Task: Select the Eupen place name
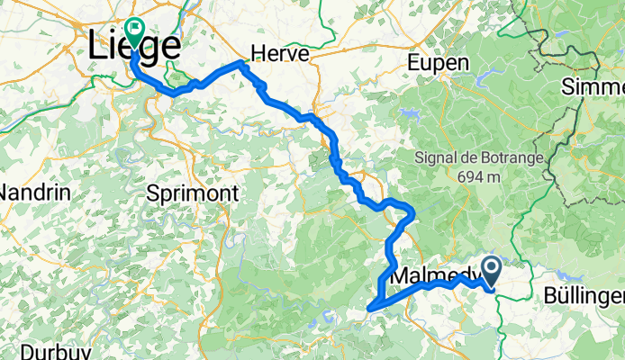tap(439, 63)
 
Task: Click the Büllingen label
tap(585, 296)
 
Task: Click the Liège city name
tap(135, 47)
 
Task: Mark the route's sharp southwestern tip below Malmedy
tap(370, 310)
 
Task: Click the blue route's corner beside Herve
tap(240, 63)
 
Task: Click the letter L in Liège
tap(99, 47)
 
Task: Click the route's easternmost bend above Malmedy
tap(412, 212)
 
